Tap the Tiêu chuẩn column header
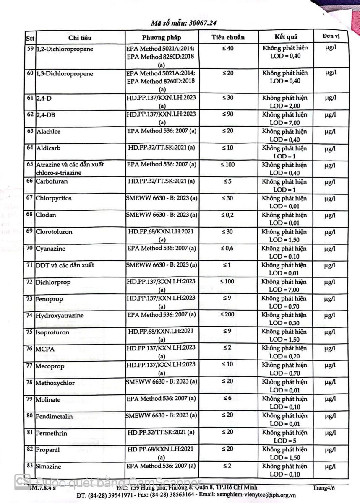click(x=228, y=37)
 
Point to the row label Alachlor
click(x=48, y=132)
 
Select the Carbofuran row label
click(x=52, y=182)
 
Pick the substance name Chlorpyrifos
click(x=53, y=198)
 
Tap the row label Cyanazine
click(x=50, y=249)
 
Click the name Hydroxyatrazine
click(x=57, y=316)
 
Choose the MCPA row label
click(x=45, y=349)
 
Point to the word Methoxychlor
click(x=55, y=383)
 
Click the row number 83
click(x=30, y=466)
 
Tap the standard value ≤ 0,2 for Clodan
click(x=228, y=215)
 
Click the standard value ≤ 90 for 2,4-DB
click(x=228, y=114)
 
